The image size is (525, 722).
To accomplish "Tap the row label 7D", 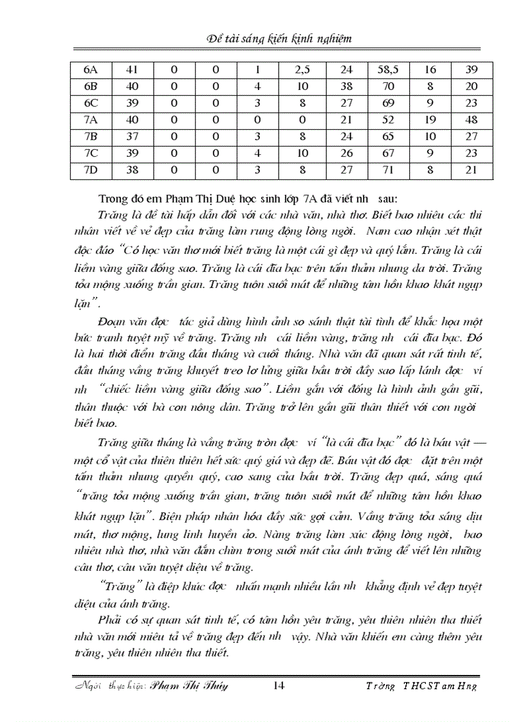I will click(89, 171).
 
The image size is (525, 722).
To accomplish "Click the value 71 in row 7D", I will click(388, 171).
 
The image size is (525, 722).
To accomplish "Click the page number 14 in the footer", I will click(279, 685).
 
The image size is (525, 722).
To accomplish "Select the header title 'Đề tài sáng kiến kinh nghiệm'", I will click(279, 39).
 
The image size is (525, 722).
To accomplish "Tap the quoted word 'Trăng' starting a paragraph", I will click(115, 586).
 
